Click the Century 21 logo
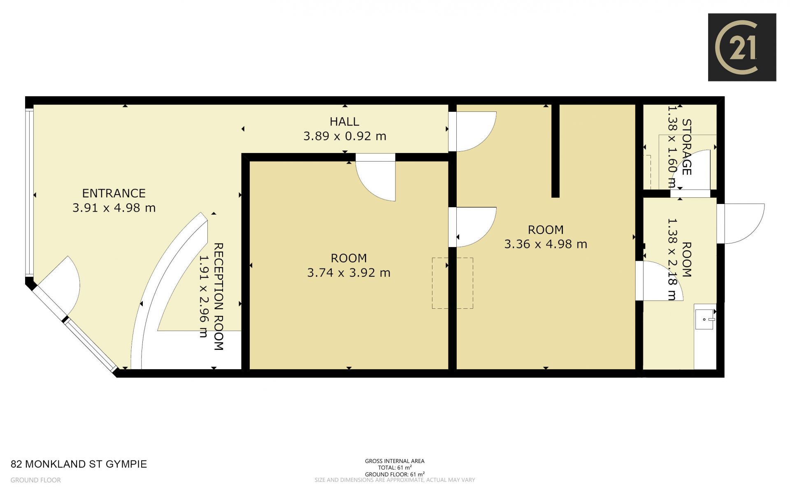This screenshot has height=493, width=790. pyautogui.click(x=742, y=47)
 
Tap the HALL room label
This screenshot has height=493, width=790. pyautogui.click(x=344, y=122)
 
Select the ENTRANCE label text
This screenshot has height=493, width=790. pyautogui.click(x=114, y=193)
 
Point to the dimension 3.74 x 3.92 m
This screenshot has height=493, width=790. pyautogui.click(x=349, y=273)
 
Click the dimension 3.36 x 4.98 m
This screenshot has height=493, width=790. pyautogui.click(x=546, y=244)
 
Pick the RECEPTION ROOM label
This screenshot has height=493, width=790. pyautogui.click(x=218, y=296)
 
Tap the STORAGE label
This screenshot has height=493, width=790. pyautogui.click(x=687, y=147)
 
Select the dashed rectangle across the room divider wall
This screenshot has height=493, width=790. pyautogui.click(x=452, y=283)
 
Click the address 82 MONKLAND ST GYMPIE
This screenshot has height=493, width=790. pyautogui.click(x=79, y=464)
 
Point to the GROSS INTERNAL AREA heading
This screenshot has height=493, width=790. pyautogui.click(x=395, y=461)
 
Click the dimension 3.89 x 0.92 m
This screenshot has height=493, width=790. pyautogui.click(x=345, y=136)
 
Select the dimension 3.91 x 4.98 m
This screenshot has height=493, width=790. pyautogui.click(x=114, y=208)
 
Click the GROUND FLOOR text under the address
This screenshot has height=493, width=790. pyautogui.click(x=36, y=480)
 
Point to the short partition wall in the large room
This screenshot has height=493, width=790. pyautogui.click(x=555, y=151)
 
